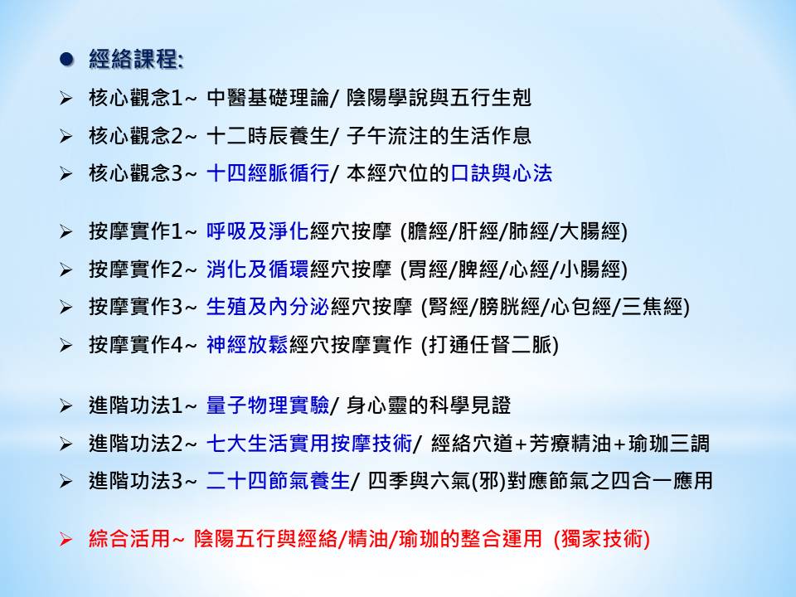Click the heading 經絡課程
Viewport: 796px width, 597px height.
[x=134, y=59]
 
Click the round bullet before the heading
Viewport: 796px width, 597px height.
[x=66, y=59]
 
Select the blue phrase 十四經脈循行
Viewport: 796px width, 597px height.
[x=268, y=173]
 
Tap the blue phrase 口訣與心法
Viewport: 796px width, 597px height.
[x=502, y=173]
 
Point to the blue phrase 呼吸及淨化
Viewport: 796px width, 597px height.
[x=258, y=231]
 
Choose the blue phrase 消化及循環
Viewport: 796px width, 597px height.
[x=258, y=269]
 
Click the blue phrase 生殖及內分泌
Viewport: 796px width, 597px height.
[x=268, y=307]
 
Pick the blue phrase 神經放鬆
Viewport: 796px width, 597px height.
[x=247, y=345]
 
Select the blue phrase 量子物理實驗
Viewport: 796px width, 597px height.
[x=268, y=405]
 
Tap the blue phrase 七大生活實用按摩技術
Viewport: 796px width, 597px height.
[x=309, y=443]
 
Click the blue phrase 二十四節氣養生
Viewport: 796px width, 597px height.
[x=279, y=480]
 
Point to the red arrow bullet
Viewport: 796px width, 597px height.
[x=66, y=539]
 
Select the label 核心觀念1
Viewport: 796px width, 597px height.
[x=135, y=98]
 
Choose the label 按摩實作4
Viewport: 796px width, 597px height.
[x=135, y=345]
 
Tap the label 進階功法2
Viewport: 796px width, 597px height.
[x=135, y=443]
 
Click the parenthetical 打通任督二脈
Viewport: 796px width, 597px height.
[x=490, y=345]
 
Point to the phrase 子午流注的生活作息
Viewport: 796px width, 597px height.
[x=439, y=135]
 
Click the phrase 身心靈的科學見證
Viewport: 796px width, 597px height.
[x=429, y=405]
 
